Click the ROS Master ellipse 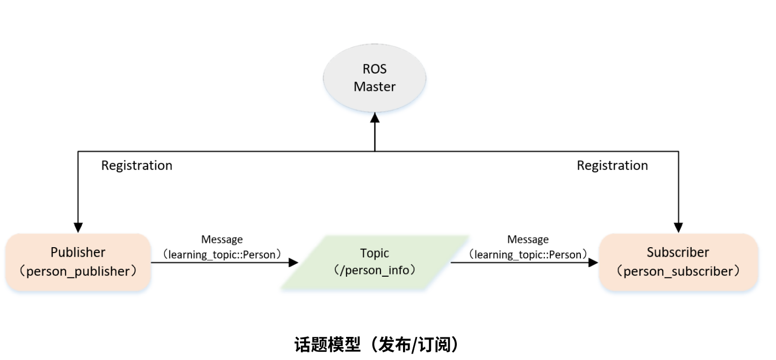(x=375, y=78)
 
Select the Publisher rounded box (x=78, y=262)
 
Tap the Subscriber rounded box (x=678, y=262)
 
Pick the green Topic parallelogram (x=375, y=262)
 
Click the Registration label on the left (x=137, y=165)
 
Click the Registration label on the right (x=612, y=165)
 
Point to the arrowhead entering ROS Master (x=375, y=117)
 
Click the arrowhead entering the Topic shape (x=293, y=262)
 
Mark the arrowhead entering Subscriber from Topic (x=593, y=262)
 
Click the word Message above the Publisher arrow (x=222, y=240)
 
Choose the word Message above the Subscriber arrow (x=528, y=240)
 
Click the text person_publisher (x=78, y=271)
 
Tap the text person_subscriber (x=678, y=271)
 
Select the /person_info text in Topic (x=375, y=270)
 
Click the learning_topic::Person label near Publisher (x=222, y=254)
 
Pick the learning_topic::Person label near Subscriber (x=528, y=254)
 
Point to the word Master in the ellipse (x=375, y=87)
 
